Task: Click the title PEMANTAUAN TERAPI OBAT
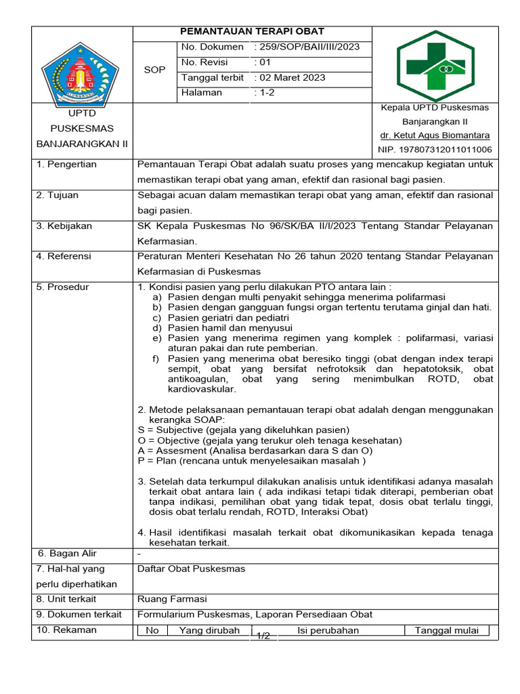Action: [252, 31]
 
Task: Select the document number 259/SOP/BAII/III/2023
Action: [307, 47]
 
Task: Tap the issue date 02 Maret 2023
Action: [290, 77]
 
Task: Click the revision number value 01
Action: [262, 62]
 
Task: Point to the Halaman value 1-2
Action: [265, 93]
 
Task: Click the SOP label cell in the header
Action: [155, 70]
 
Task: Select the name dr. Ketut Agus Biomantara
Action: [435, 136]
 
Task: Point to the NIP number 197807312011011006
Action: [435, 150]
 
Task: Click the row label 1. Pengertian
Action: [67, 165]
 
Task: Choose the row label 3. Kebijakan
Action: [64, 226]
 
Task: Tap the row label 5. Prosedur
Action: [63, 287]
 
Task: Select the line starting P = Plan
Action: [251, 461]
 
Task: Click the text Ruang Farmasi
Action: [172, 599]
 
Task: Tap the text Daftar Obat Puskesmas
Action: [191, 569]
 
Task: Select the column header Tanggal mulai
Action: [446, 630]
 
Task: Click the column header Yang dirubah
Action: [209, 630]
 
